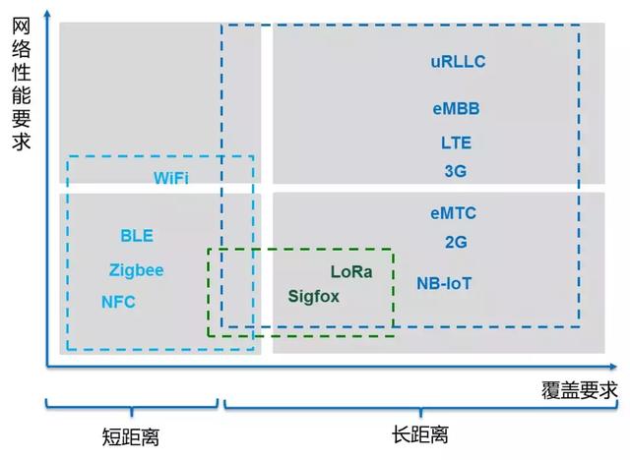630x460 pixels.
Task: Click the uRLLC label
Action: click(x=458, y=62)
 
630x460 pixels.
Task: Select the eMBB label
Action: click(x=456, y=108)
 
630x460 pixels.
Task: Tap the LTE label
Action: click(x=456, y=143)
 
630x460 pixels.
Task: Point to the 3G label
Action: click(x=455, y=170)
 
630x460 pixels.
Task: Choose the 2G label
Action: click(x=455, y=242)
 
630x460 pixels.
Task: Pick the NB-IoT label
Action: click(x=444, y=283)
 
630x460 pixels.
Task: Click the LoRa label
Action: click(x=351, y=271)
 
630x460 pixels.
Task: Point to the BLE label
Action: click(x=137, y=236)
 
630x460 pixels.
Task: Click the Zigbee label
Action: click(x=137, y=269)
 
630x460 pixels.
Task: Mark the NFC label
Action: click(x=118, y=302)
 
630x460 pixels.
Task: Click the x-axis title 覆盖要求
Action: click(x=580, y=389)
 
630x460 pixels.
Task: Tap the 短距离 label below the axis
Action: click(x=131, y=435)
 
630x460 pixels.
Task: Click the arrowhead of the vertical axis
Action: click(x=46, y=12)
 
